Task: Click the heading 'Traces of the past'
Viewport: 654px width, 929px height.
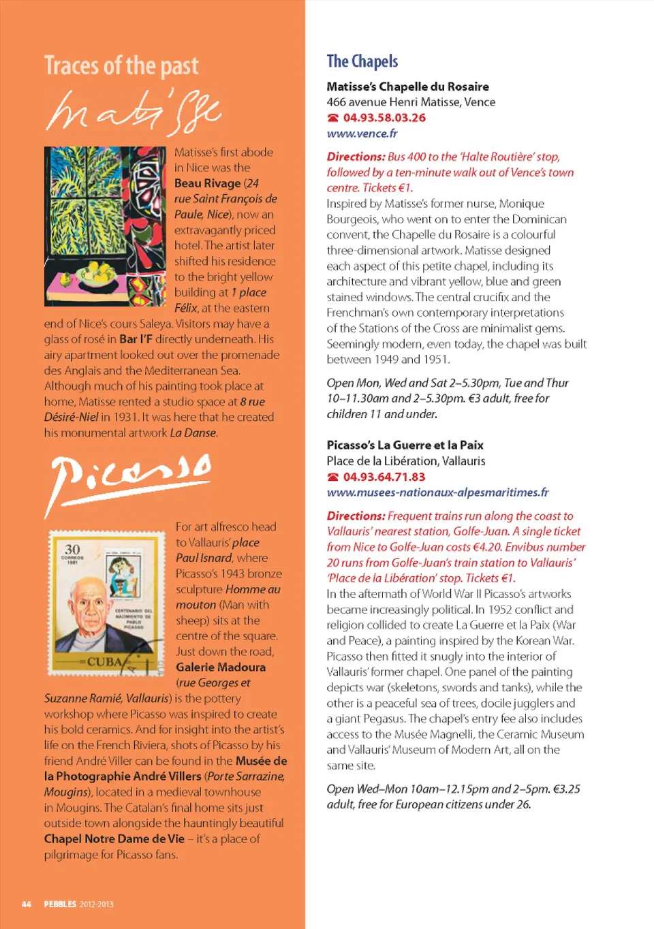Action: click(121, 66)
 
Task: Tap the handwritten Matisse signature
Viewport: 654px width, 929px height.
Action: click(134, 111)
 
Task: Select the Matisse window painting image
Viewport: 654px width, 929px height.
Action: click(105, 226)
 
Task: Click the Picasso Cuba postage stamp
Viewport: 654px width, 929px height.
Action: click(106, 603)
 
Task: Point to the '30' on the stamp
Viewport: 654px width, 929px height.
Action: click(72, 549)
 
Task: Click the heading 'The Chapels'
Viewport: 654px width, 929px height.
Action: click(362, 61)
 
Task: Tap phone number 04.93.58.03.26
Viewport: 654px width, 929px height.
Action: click(384, 118)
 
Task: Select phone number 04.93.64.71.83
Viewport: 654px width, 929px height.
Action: click(384, 477)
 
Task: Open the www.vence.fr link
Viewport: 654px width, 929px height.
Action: click(362, 133)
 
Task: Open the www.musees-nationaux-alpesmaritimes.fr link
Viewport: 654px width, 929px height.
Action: click(437, 492)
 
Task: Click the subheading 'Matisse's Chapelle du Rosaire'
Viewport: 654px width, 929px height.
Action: click(407, 86)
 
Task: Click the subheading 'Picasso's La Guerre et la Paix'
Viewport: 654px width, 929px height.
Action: click(405, 445)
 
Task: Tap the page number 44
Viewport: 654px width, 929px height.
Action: click(27, 904)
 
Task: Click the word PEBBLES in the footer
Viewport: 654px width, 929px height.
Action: click(60, 904)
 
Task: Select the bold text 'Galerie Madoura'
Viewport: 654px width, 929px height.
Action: click(221, 667)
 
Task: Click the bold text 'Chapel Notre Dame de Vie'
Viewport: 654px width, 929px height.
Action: click(114, 839)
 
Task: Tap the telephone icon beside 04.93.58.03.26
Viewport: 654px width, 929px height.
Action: click(332, 118)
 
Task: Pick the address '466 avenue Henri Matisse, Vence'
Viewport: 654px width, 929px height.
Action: click(411, 102)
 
